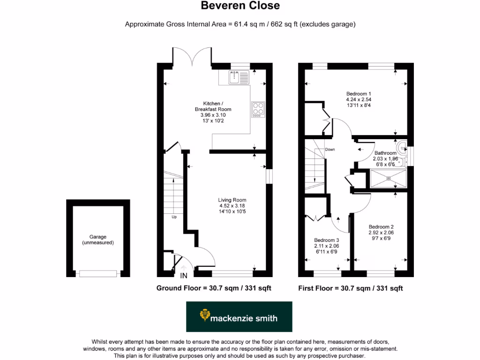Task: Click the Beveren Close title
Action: (x=240, y=6)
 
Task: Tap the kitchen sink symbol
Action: (x=240, y=77)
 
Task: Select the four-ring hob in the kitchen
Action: (x=258, y=109)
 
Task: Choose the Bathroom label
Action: (x=385, y=153)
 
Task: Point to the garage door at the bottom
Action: (x=98, y=273)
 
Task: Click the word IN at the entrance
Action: (x=184, y=276)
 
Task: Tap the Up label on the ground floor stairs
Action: (x=174, y=217)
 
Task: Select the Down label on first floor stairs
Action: (x=330, y=150)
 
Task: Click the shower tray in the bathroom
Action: (x=389, y=178)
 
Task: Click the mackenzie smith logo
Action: (x=239, y=317)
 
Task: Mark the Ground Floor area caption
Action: (x=213, y=288)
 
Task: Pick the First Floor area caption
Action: (x=350, y=288)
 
